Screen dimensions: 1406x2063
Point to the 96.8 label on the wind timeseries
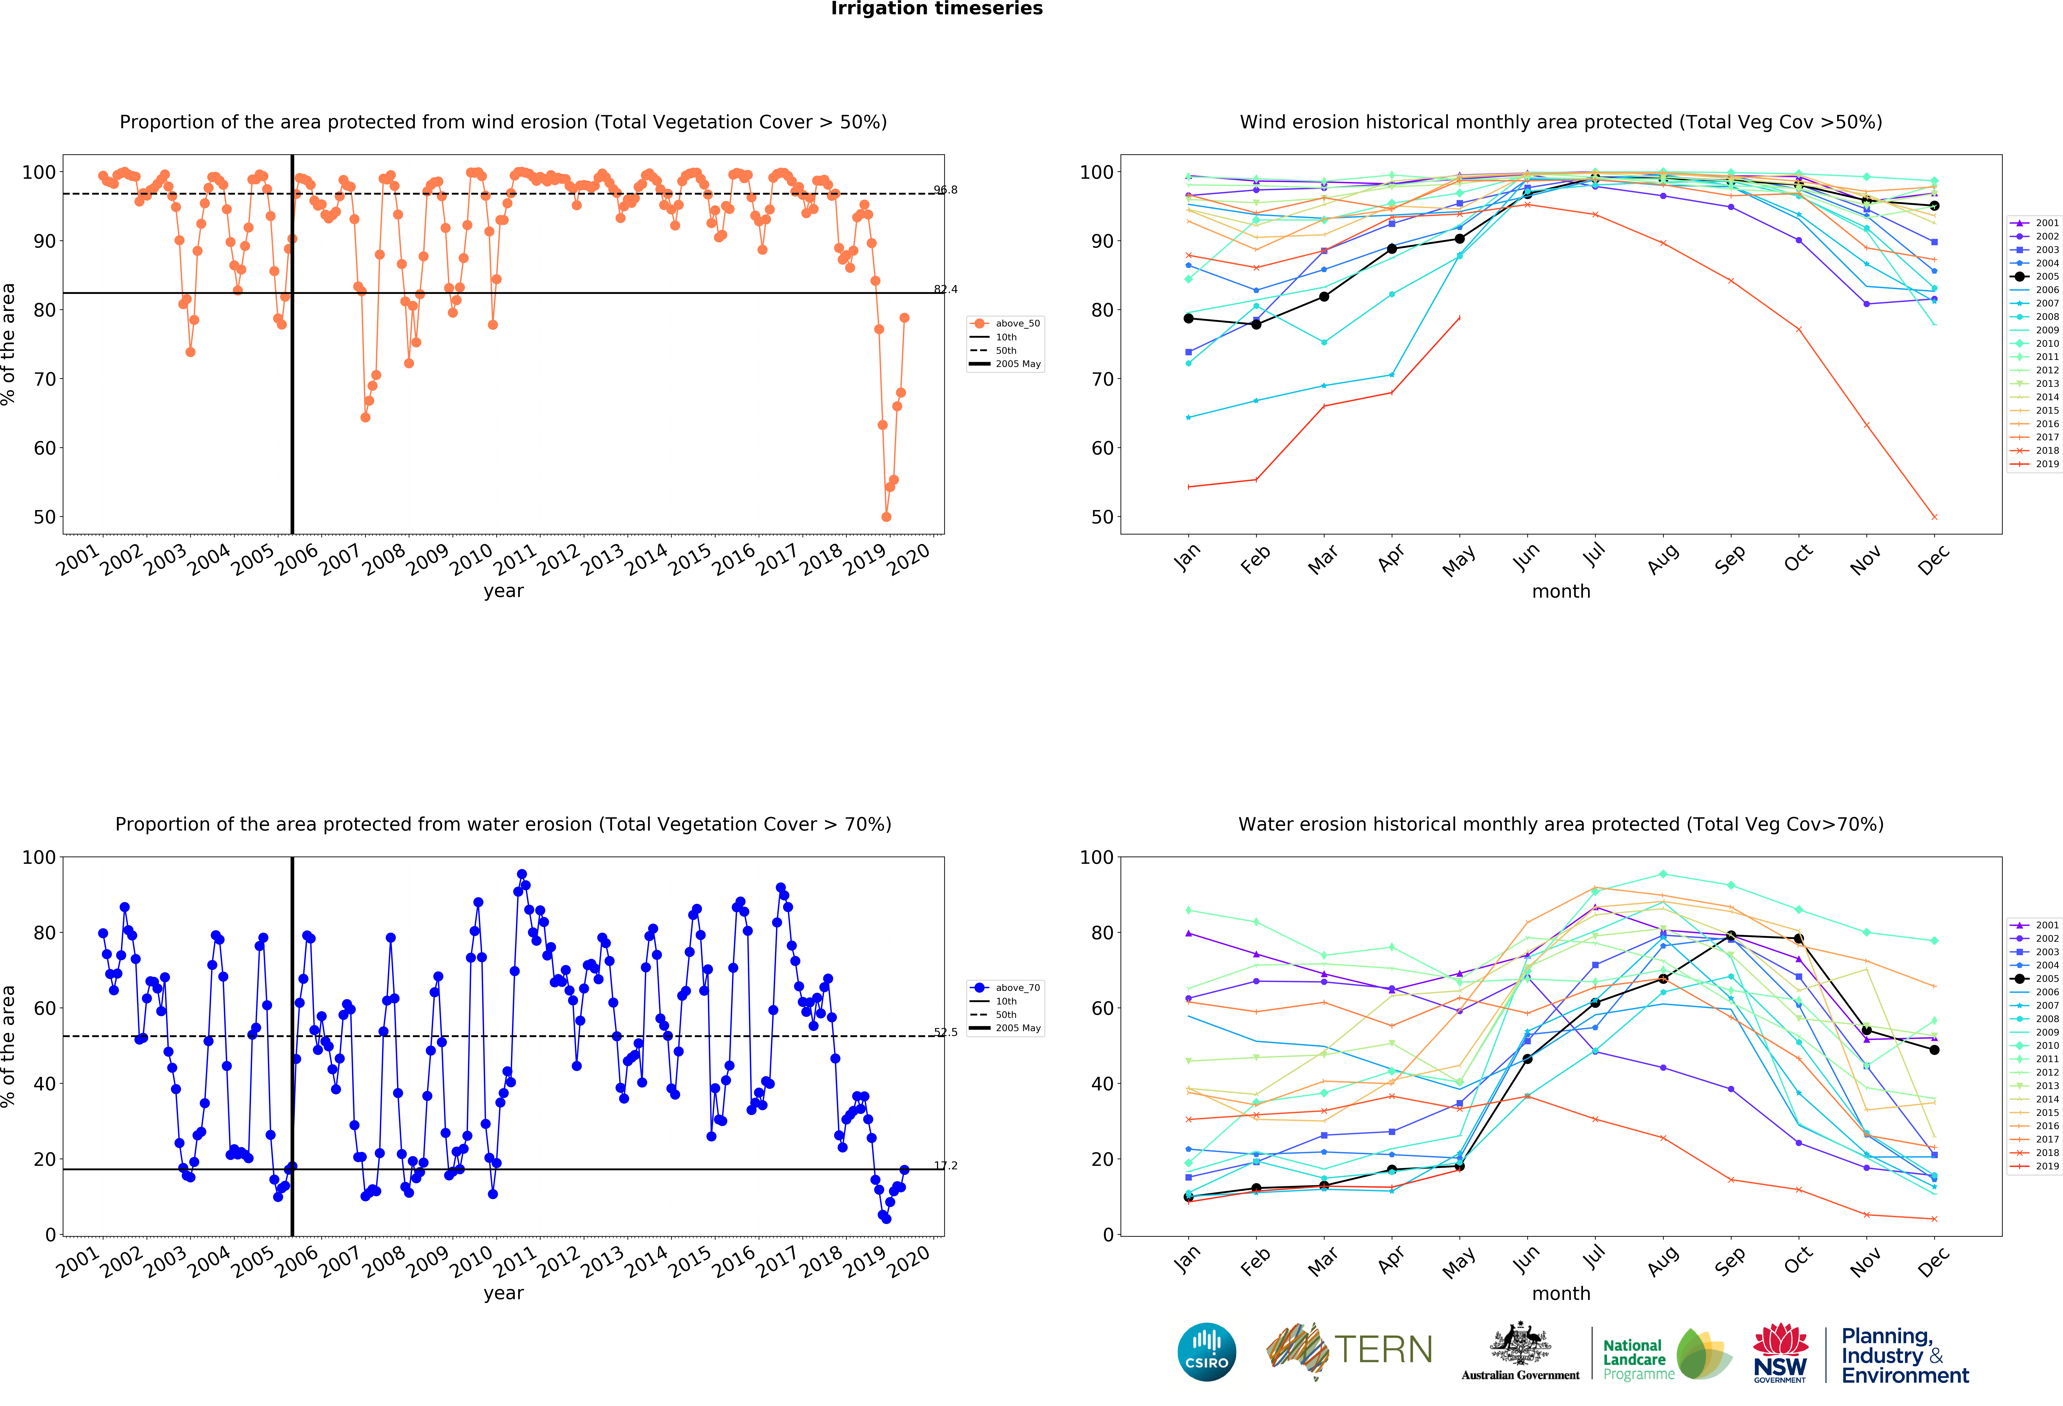pyautogui.click(x=945, y=190)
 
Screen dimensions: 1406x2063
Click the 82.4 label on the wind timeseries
pyautogui.click(x=945, y=289)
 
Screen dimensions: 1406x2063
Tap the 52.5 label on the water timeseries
pyautogui.click(x=945, y=1032)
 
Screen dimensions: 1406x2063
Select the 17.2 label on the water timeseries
pyautogui.click(x=945, y=1165)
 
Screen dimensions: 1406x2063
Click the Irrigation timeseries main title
pyautogui.click(x=937, y=9)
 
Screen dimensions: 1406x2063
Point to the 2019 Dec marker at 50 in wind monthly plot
pyautogui.click(x=1934, y=517)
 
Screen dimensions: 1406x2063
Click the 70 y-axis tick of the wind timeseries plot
pyautogui.click(x=44, y=379)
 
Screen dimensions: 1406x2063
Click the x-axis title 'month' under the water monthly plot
pyautogui.click(x=1561, y=1293)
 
